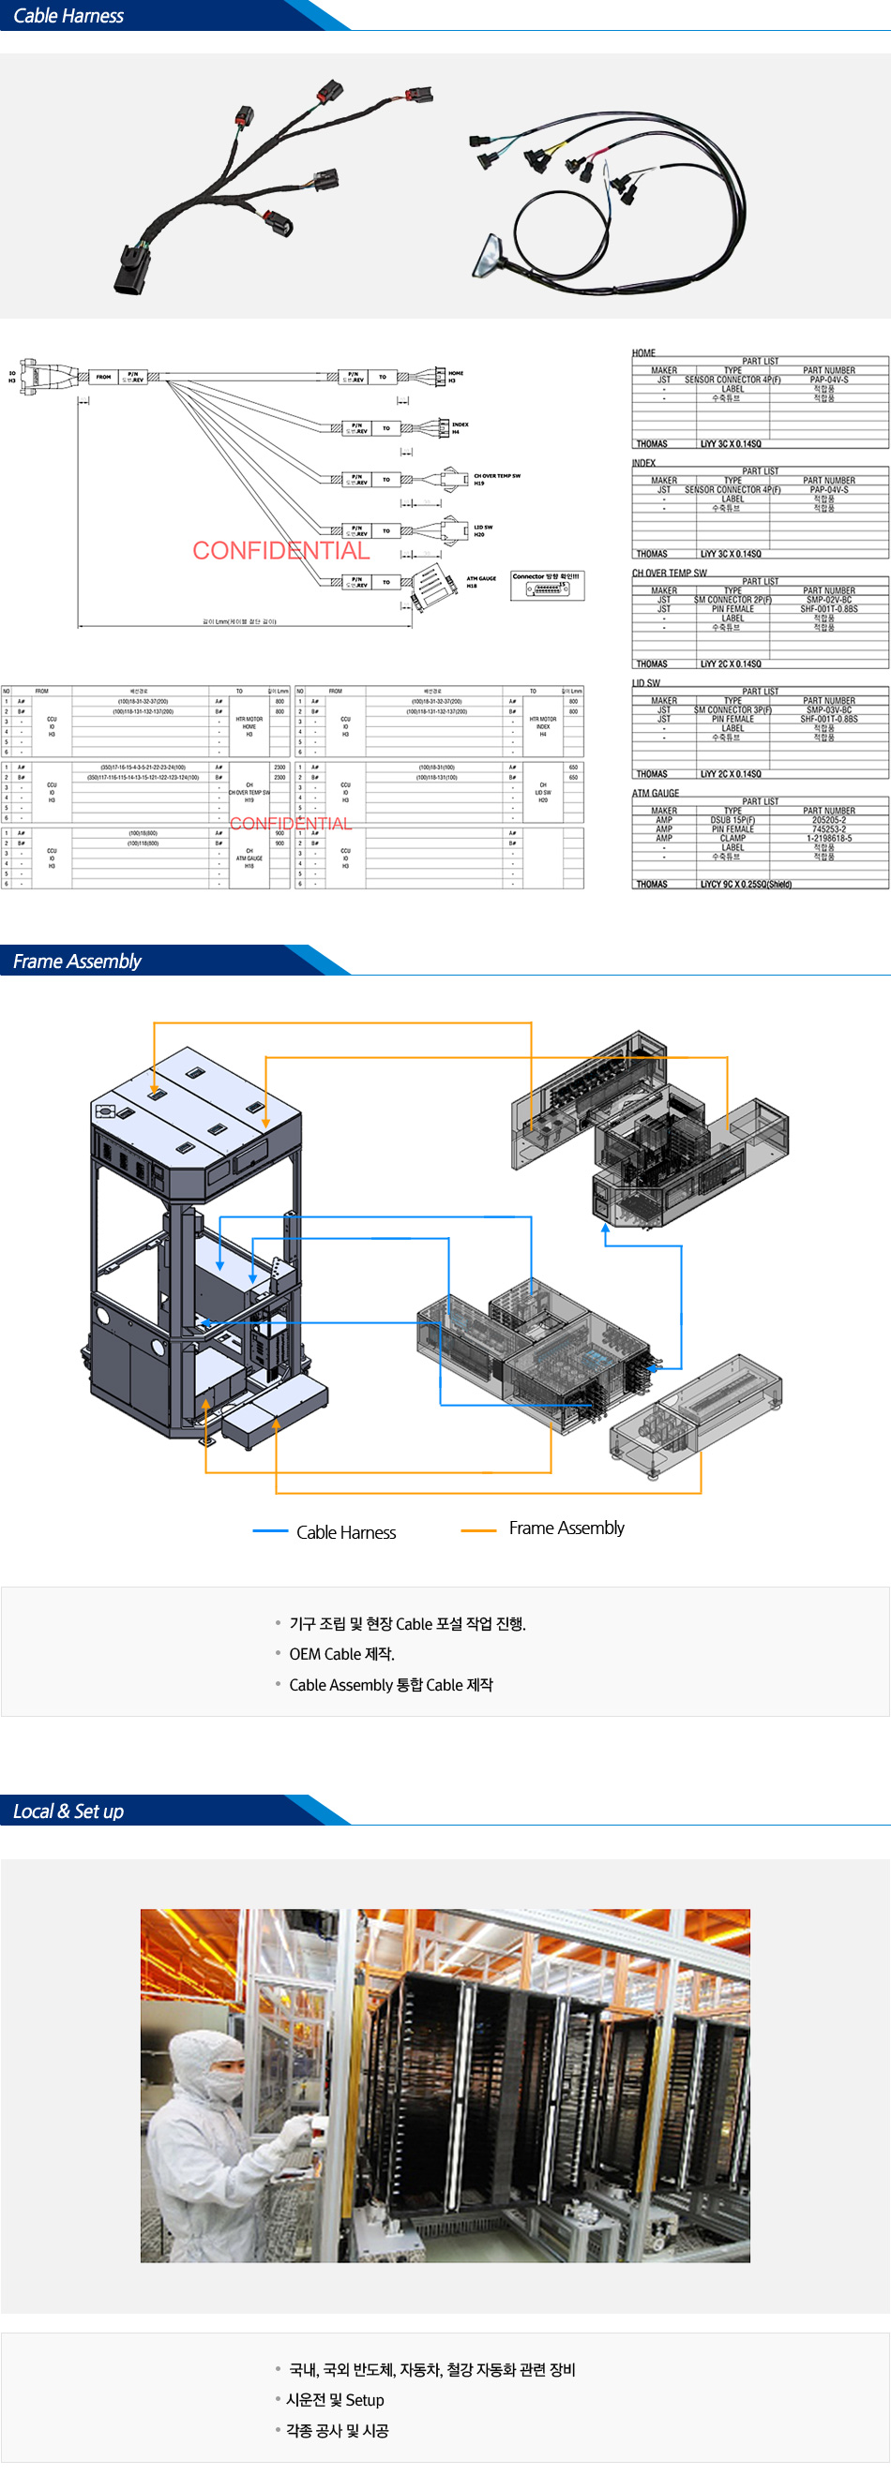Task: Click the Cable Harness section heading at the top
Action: [68, 15]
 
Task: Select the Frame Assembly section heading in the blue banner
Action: [77, 961]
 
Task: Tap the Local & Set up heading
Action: [68, 1812]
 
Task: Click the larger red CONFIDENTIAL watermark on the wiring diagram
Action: [280, 550]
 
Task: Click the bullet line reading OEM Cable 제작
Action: [341, 1653]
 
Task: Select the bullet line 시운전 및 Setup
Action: [335, 2400]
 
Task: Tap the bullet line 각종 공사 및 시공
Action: [337, 2431]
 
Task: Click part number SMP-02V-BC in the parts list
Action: [827, 600]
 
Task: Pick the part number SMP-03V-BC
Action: [827, 710]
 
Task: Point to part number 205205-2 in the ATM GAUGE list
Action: [828, 821]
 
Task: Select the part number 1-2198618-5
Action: [828, 838]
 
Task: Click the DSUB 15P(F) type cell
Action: [732, 821]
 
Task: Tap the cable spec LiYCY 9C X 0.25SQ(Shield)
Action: [746, 884]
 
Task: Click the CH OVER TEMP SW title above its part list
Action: [669, 573]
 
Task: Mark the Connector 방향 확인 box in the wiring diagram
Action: [546, 585]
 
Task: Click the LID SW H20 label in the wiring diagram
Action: [482, 530]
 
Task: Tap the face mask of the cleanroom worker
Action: [227, 2086]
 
